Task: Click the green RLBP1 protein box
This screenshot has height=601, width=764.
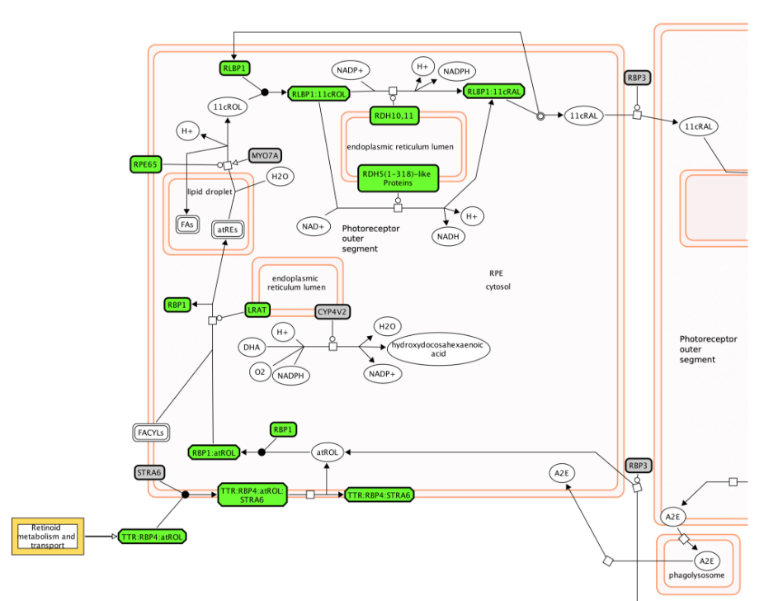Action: tap(234, 68)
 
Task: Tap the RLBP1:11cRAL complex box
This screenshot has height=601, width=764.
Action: tap(493, 92)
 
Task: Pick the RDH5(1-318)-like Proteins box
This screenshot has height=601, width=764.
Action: tap(398, 177)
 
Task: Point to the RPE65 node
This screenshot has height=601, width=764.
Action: tap(144, 164)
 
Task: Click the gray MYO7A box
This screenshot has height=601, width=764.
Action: tap(266, 155)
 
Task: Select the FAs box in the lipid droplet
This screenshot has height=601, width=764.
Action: tap(187, 225)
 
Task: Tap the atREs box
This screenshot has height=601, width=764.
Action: tap(229, 230)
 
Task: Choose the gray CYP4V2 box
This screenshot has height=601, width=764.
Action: tap(333, 311)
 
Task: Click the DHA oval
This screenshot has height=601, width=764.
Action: tap(252, 348)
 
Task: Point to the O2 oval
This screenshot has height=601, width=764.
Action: tap(260, 373)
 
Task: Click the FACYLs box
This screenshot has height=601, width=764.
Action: tap(151, 432)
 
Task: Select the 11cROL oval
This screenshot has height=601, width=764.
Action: tap(226, 106)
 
